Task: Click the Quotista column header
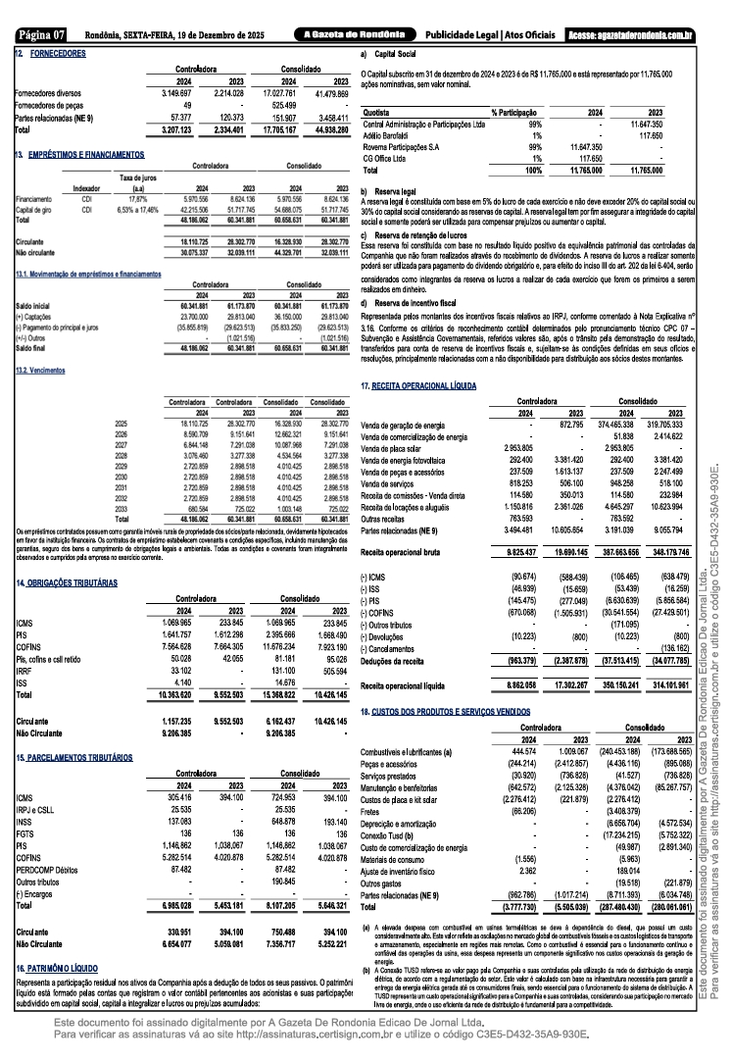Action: (376, 113)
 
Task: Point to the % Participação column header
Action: (516, 113)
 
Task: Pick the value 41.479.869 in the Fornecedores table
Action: (329, 92)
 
